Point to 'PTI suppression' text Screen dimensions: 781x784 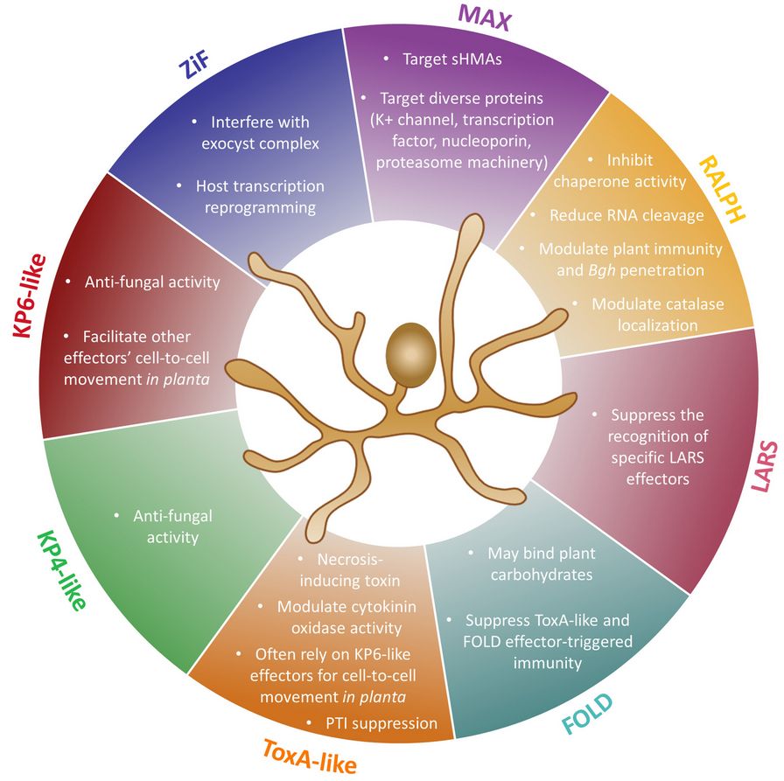tap(382, 722)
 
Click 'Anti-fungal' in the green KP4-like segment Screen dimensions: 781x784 tap(174, 516)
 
